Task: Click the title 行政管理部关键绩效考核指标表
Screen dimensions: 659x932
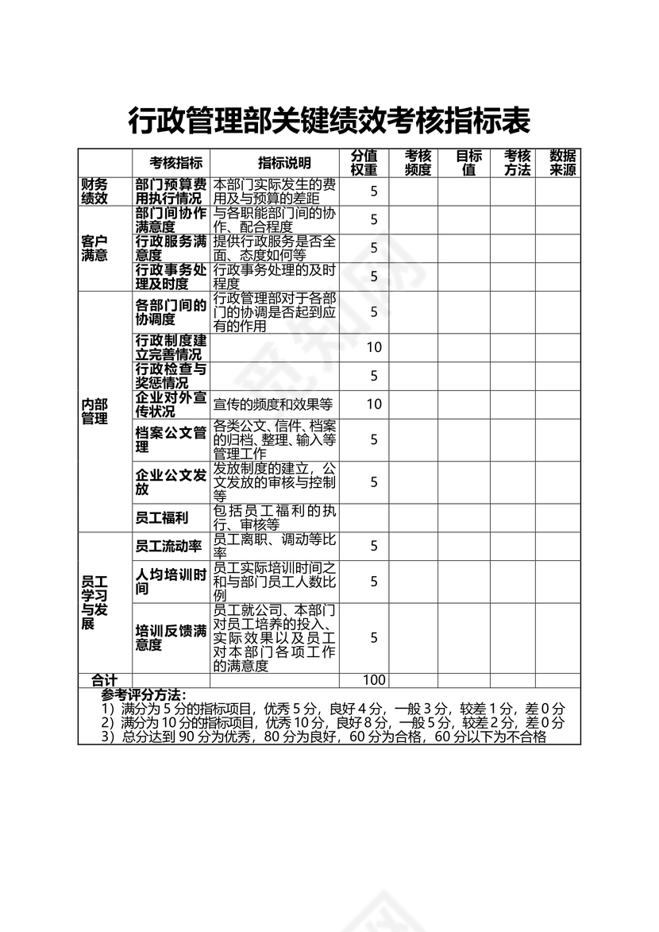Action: [x=329, y=122]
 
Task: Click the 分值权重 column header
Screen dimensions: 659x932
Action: [x=364, y=163]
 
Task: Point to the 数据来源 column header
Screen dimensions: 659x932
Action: [x=563, y=163]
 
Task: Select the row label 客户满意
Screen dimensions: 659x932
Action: [x=94, y=248]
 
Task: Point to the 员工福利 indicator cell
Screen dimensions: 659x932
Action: [x=162, y=518]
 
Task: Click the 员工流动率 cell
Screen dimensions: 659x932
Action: [x=168, y=546]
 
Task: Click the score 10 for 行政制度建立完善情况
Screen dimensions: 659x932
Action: [x=374, y=347]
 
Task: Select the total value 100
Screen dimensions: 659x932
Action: [x=374, y=680]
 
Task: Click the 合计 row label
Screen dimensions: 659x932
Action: [x=104, y=680]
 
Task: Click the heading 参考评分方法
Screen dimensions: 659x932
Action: [x=144, y=694]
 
